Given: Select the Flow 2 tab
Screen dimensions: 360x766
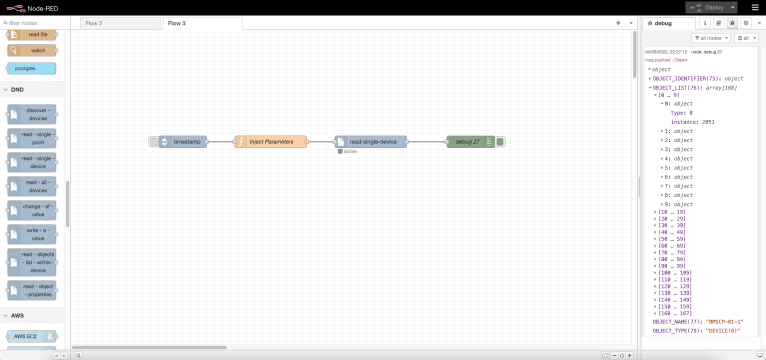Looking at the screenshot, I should (93, 22).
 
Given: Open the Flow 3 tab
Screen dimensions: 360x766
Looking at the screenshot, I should (177, 22).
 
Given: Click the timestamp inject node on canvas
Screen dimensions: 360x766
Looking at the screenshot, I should (185, 142).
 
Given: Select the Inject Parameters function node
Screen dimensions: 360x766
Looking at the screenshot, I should (271, 142).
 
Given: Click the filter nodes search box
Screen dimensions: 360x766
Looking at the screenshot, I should (35, 22).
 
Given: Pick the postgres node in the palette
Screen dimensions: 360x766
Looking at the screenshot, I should (31, 68).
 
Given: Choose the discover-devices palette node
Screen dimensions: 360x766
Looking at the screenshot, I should (31, 114).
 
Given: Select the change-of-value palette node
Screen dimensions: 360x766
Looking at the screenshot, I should (31, 210).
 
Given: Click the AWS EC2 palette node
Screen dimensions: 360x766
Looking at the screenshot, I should (31, 336).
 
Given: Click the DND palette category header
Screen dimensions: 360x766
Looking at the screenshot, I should (18, 89).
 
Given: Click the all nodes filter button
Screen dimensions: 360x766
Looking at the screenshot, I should (711, 37).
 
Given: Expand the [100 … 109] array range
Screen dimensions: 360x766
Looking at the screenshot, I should (671, 271).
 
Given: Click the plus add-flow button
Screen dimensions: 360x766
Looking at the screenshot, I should (618, 22).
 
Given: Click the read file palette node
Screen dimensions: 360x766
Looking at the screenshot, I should (31, 34).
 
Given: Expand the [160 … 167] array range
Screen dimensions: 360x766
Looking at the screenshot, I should (671, 313).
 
